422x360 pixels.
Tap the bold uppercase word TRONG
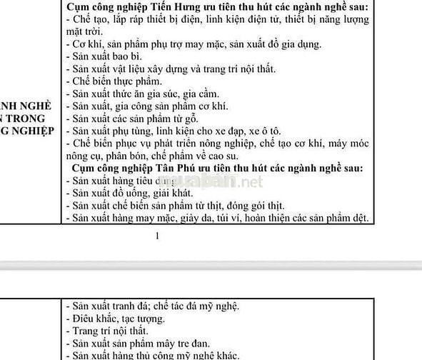click(x=32, y=118)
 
